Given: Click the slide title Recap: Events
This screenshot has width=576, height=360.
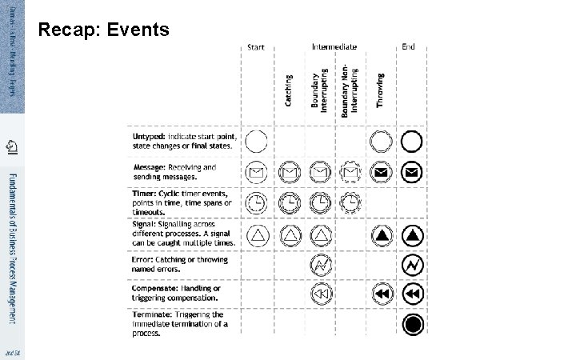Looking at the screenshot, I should click(x=104, y=30).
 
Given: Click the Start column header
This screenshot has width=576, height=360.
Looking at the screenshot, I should click(x=256, y=47).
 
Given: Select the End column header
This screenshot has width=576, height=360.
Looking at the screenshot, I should click(x=409, y=47).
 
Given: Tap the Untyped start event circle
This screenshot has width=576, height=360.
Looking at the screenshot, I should click(x=257, y=142).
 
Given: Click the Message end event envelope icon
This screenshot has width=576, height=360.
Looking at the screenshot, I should click(x=412, y=172).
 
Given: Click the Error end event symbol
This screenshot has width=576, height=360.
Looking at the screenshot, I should click(x=412, y=265).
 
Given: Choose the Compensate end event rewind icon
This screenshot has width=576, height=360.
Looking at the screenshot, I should click(x=412, y=294).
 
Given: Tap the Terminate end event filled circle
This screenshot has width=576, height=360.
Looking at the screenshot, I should click(x=412, y=324).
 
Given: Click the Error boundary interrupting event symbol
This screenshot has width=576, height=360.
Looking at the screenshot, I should click(x=320, y=265).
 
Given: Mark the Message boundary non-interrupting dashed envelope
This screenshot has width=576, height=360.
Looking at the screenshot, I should click(x=350, y=172).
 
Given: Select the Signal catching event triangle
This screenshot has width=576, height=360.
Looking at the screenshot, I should click(x=290, y=235).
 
